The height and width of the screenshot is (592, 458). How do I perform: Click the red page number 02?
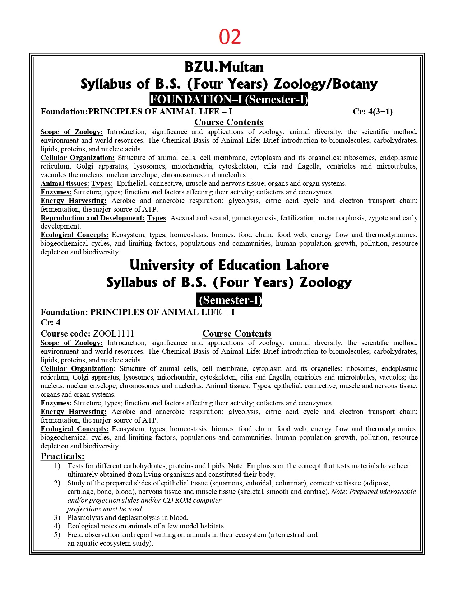[230, 37]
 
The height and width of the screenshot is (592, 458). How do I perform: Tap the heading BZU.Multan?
[224, 67]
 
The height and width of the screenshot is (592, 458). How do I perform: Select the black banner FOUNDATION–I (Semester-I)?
[229, 99]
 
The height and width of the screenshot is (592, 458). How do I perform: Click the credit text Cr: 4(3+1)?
[373, 112]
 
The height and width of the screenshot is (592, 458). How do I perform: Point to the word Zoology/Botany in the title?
[325, 84]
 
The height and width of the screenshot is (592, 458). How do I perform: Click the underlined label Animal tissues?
[65, 184]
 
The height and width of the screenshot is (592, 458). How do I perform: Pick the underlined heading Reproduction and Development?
[92, 218]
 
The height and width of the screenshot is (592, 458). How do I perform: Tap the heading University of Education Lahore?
[229, 265]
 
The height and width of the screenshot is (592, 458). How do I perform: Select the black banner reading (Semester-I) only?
[229, 300]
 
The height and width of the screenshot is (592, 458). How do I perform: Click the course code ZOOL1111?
[113, 334]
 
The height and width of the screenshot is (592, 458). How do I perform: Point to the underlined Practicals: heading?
[63, 456]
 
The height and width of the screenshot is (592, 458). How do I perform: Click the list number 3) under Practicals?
[57, 517]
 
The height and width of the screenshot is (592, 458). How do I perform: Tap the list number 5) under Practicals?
[57, 535]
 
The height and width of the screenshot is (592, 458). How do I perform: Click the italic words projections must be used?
[105, 509]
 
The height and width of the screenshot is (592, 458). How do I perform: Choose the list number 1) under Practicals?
[57, 466]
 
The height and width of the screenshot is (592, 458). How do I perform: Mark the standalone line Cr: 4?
[50, 323]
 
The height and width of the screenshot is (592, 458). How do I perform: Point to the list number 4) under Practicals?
[57, 526]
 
